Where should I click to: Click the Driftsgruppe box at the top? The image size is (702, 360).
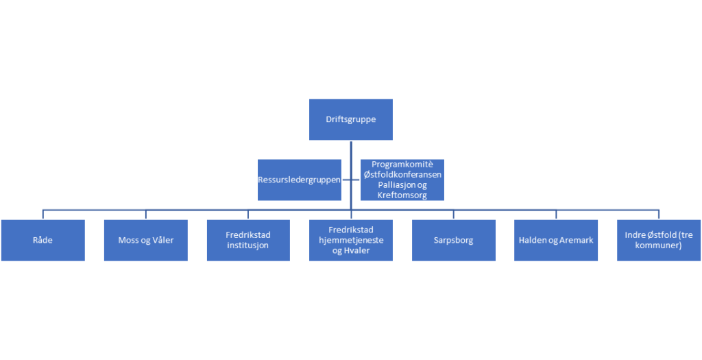[x=351, y=119]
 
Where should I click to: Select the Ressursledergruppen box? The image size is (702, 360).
[x=300, y=180]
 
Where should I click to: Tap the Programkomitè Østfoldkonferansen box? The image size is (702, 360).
[x=402, y=180]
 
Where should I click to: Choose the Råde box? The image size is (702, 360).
[x=43, y=240]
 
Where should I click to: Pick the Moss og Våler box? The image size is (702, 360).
[x=146, y=240]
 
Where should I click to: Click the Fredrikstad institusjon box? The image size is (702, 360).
[x=248, y=240]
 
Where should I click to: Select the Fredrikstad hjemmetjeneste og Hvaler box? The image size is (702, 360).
[x=351, y=240]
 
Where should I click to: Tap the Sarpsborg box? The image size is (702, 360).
[x=454, y=240]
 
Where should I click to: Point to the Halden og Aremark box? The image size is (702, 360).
[x=556, y=240]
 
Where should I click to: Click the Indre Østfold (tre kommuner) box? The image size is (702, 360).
[x=659, y=240]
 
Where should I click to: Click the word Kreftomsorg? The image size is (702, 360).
[x=402, y=195]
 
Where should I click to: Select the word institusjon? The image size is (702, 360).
[x=248, y=245]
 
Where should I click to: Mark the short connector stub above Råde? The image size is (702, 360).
[x=43, y=214]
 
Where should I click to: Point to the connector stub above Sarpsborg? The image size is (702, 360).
[x=454, y=214]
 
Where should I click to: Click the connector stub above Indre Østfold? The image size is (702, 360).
[x=659, y=214]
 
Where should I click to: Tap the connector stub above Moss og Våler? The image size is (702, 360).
[x=146, y=214]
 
